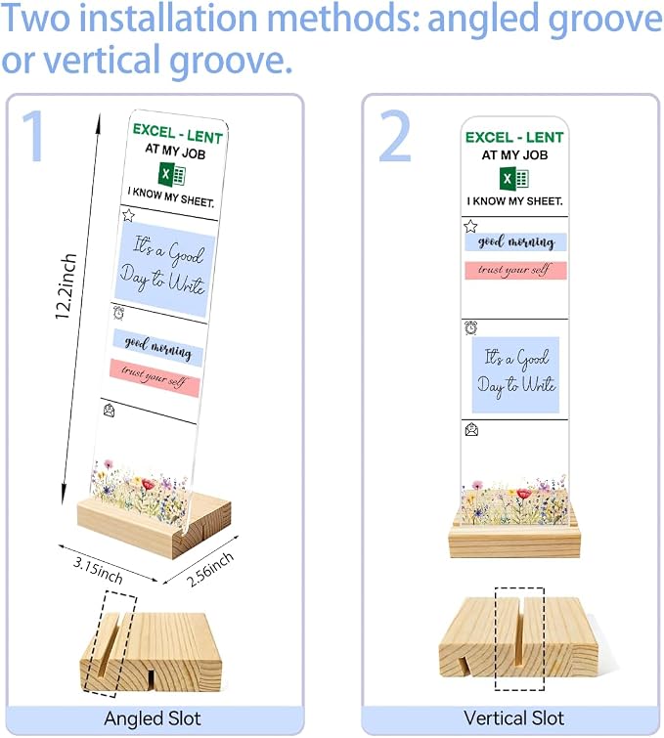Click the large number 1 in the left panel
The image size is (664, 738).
pos(34,136)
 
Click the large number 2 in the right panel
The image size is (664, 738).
pos(395,136)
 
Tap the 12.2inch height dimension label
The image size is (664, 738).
pos(66,286)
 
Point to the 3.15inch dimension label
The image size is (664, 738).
pos(98,570)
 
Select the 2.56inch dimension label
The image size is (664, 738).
pos(210,569)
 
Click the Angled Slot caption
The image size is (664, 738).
pos(153,718)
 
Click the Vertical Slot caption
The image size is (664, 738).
pos(513,718)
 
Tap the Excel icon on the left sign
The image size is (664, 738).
pos(171,175)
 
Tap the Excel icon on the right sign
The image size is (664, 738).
pos(513,179)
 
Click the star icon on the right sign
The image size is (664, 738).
pos(470,227)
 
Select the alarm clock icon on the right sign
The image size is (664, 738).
pos(471,327)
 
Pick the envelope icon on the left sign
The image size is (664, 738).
pos(109,411)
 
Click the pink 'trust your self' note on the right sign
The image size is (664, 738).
pos(515,271)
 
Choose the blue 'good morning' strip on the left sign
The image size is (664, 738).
pos(157,348)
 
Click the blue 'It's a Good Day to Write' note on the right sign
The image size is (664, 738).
pos(515,375)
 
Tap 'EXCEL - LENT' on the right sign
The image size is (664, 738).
pos(514,138)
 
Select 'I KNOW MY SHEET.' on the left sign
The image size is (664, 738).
pos(171,197)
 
